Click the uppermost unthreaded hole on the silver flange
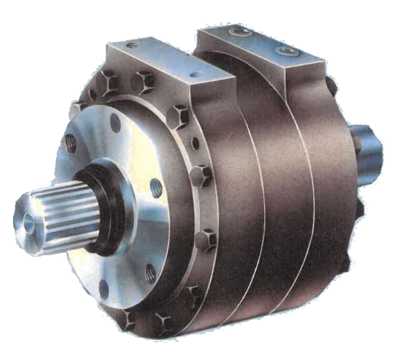coord(115,119)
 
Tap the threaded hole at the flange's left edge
coord(70,144)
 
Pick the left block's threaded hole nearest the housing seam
coord(198,76)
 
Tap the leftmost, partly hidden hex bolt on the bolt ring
coord(78,106)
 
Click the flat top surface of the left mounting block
coord(163,59)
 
